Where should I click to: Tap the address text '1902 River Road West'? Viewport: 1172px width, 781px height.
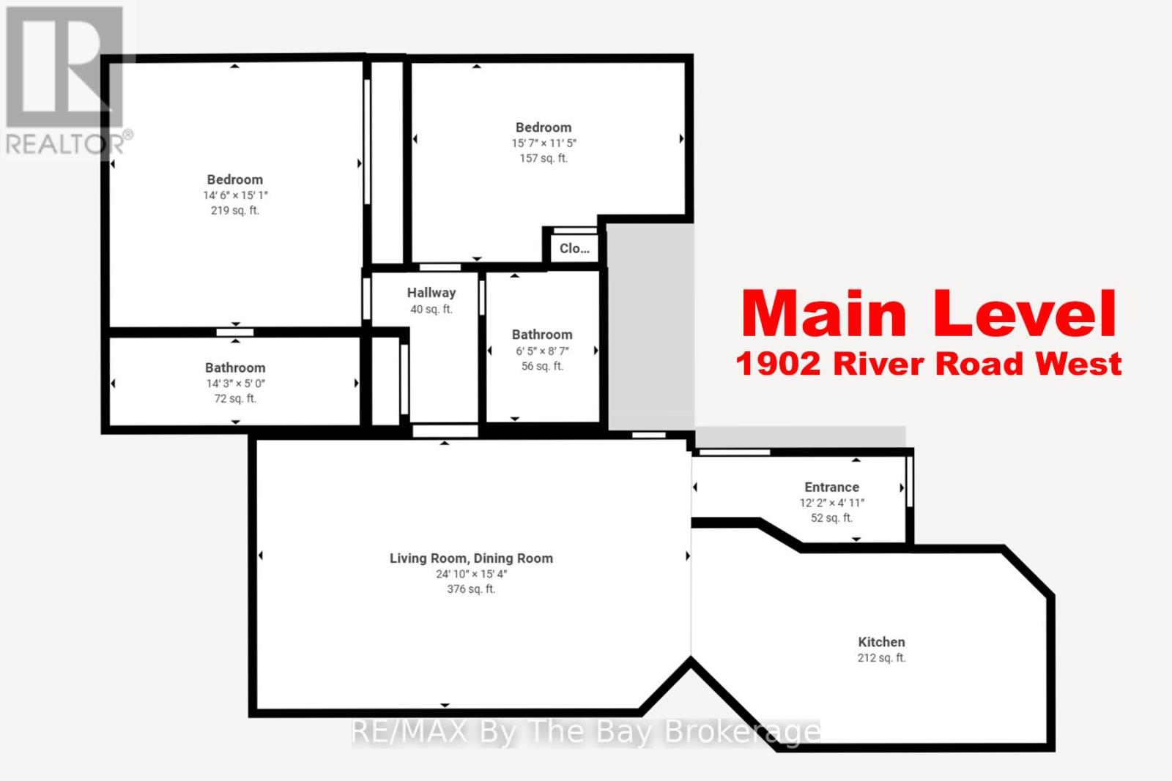(x=928, y=364)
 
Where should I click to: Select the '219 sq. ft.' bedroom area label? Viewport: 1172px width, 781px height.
(x=234, y=211)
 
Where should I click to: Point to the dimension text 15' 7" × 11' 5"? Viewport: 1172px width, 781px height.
(x=544, y=143)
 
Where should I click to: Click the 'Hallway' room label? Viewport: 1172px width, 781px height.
(x=431, y=293)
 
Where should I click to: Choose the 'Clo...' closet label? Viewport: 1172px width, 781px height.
(x=574, y=248)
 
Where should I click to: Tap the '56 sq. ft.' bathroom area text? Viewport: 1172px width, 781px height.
(x=542, y=366)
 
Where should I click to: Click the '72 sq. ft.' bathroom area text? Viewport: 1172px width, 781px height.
(x=234, y=399)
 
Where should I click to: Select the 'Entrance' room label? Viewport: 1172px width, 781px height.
(x=831, y=487)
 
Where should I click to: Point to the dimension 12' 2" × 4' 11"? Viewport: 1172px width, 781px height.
(x=831, y=503)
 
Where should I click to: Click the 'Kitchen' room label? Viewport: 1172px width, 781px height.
(x=881, y=642)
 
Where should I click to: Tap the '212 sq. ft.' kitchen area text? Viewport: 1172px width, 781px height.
(x=881, y=658)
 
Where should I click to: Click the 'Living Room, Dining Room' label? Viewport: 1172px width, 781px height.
(x=471, y=558)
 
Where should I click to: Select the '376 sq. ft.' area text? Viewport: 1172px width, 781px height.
(x=471, y=589)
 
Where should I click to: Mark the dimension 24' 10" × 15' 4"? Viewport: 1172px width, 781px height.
(x=471, y=574)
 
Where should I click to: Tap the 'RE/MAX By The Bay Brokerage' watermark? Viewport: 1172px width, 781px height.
(x=586, y=731)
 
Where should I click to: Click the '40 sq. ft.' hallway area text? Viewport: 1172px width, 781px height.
(x=431, y=310)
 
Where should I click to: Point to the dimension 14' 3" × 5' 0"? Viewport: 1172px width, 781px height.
(x=234, y=384)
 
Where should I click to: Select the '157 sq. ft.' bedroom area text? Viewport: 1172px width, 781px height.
(x=544, y=158)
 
